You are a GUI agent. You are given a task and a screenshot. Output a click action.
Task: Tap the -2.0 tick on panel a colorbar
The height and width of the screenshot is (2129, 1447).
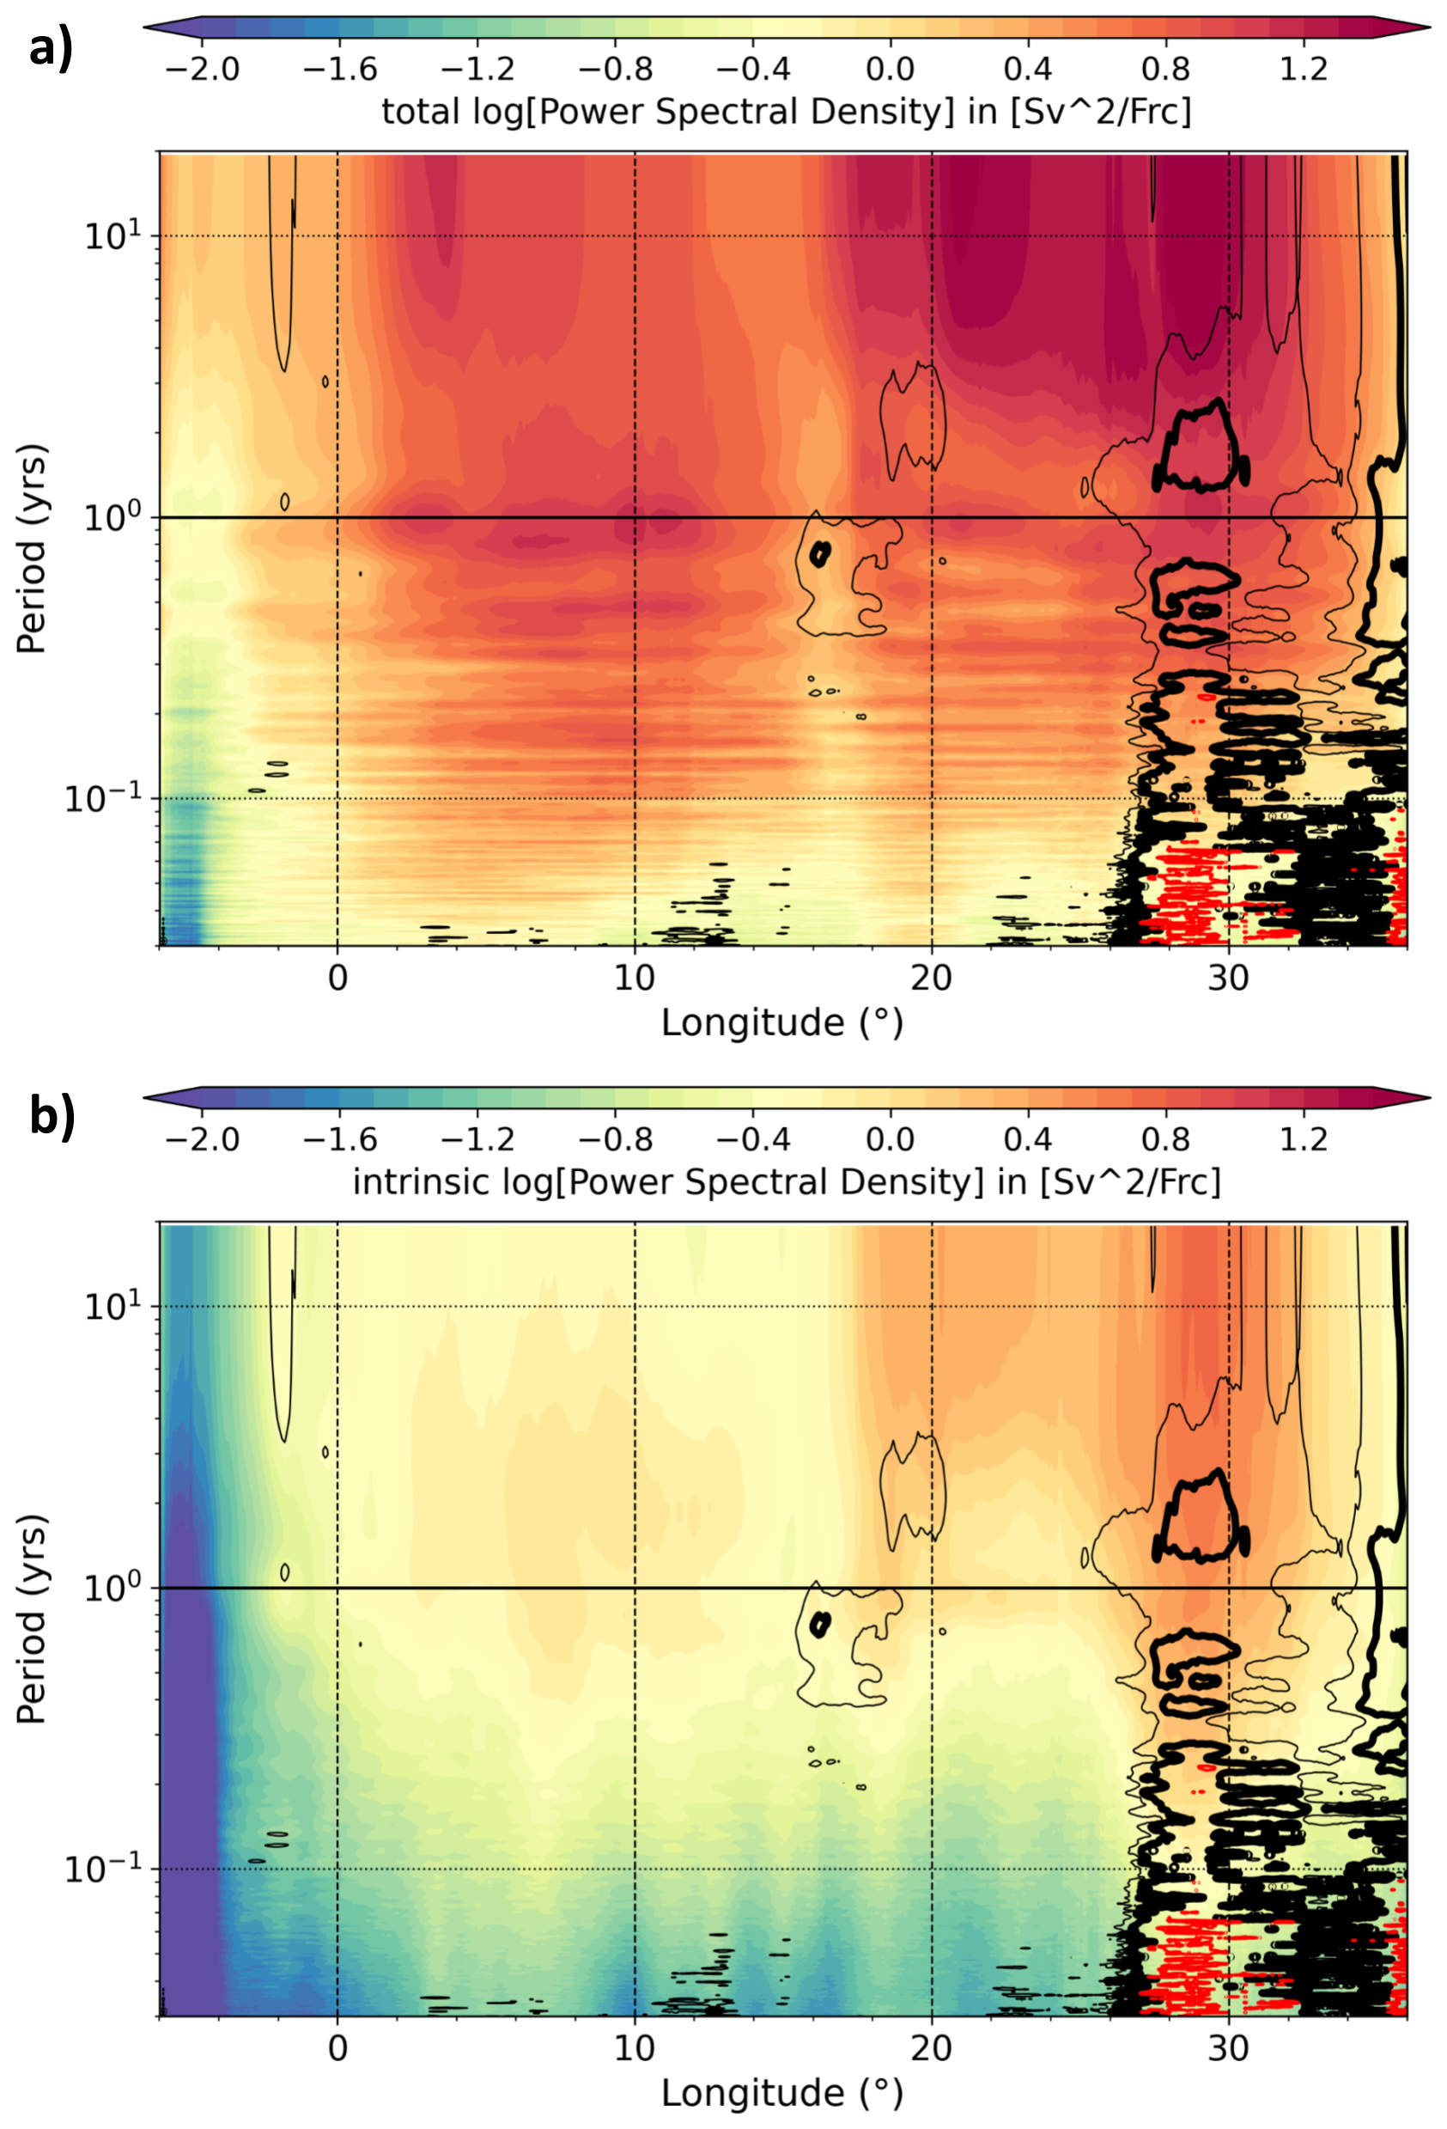tap(202, 68)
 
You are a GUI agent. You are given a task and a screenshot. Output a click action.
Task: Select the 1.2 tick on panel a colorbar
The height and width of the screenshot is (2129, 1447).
tap(1304, 68)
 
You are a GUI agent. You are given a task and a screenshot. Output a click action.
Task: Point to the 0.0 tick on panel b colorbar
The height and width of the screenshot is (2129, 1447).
tap(891, 1138)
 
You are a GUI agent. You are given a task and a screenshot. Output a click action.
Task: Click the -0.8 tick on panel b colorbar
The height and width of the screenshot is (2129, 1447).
tap(616, 1138)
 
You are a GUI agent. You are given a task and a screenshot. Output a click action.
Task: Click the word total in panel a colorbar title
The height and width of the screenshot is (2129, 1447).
tap(419, 112)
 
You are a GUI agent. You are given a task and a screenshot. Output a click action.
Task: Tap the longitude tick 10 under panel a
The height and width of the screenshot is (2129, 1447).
tap(635, 979)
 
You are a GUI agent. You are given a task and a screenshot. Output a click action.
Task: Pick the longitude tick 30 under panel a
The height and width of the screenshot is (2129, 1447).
tap(1228, 979)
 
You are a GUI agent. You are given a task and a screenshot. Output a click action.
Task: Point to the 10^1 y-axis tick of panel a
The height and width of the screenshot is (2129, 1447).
tap(115, 236)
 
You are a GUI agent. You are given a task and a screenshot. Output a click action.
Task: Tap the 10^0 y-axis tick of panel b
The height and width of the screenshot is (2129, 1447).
tap(115, 1588)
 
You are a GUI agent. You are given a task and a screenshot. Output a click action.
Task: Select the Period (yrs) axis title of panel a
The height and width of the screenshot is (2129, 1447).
tap(32, 550)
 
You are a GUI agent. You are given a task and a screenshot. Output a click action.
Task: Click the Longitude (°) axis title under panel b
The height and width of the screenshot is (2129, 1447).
tap(782, 2093)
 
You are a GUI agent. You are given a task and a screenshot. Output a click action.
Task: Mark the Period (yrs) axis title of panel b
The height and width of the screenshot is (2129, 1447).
tap(32, 1620)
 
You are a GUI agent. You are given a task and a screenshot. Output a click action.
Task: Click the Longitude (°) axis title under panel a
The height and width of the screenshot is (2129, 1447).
tap(782, 1023)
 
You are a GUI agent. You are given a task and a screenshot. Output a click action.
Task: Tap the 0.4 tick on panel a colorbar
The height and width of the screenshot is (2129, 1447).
tap(1028, 68)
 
